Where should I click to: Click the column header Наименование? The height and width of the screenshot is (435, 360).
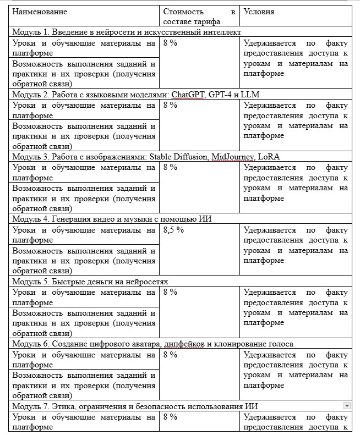[x=40, y=12]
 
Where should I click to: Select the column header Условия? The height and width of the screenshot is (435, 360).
[x=259, y=12]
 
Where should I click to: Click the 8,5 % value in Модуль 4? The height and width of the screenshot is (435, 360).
[x=173, y=230]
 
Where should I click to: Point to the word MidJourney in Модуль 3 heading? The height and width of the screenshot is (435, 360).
[x=232, y=157]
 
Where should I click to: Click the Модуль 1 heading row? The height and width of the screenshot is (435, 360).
[x=127, y=32]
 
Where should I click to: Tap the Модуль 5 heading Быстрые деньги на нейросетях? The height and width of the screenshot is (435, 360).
[x=90, y=281]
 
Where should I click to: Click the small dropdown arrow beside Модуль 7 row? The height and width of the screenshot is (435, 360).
[x=347, y=405]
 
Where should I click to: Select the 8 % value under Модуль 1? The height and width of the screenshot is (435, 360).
[x=170, y=43]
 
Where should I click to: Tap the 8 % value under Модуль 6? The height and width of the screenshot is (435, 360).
[x=170, y=355]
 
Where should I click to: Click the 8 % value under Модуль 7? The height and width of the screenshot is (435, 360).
[x=170, y=417]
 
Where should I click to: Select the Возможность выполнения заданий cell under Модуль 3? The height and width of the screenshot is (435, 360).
[x=84, y=199]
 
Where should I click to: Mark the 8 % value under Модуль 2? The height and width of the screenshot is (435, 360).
[x=170, y=105]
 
